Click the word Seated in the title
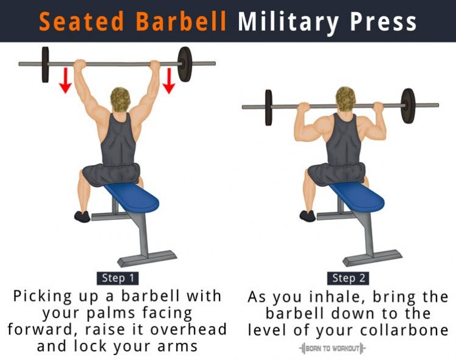[82, 21]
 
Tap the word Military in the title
[288, 23]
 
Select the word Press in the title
[383, 22]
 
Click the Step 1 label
[118, 278]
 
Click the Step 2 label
[348, 278]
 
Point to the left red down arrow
[65, 80]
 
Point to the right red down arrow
[169, 80]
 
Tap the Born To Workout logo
[332, 348]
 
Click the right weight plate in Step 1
[185, 64]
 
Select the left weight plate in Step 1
[45, 65]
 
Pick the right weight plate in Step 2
[408, 106]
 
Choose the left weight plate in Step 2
[269, 107]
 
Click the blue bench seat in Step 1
[132, 197]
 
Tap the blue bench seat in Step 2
[357, 197]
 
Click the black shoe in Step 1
[82, 217]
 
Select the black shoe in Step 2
[307, 216]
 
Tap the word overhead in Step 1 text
[188, 330]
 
